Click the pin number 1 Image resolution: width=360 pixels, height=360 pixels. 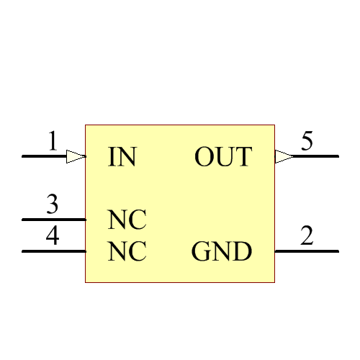point(52,141)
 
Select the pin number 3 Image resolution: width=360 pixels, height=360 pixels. point(52,205)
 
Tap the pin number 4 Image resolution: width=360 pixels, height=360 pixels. point(52,237)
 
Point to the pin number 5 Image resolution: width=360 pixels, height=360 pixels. point(307,141)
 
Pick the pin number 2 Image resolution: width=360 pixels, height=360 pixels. point(307,237)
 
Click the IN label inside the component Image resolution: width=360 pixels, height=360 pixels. point(122,157)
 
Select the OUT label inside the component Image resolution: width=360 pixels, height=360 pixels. point(223,157)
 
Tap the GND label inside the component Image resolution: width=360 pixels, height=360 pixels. point(222,252)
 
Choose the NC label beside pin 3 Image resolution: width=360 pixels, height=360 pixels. point(127,220)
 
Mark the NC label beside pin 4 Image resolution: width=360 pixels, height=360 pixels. point(127,252)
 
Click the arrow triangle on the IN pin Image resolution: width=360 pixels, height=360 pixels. point(76,156)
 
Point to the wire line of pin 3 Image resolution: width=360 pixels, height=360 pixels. point(54,220)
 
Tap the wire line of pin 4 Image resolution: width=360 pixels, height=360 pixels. point(54,251)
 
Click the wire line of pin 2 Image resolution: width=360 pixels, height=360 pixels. point(307,251)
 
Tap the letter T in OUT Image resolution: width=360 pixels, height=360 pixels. point(245,157)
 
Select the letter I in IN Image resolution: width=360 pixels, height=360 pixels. point(112,157)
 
